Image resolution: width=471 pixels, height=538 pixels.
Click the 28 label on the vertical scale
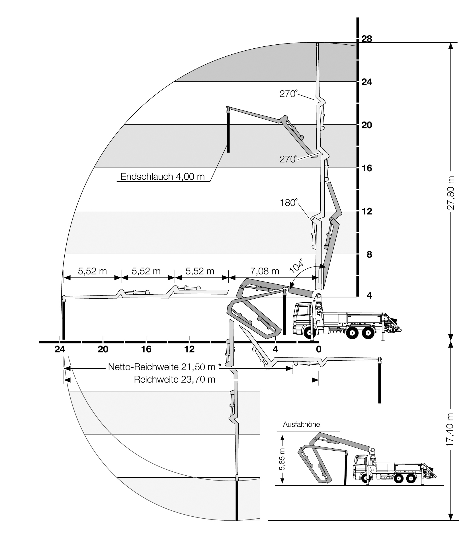tap(366, 39)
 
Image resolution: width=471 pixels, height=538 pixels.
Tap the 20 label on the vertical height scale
tap(366, 125)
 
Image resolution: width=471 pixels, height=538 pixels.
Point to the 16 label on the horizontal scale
tap(146, 349)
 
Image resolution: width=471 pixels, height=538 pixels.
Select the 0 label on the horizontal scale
tap(318, 349)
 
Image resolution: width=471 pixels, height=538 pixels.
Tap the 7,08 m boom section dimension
tap(265, 271)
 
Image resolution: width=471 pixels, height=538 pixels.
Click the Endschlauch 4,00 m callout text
tap(163, 176)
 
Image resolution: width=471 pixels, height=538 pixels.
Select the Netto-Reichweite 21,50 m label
tap(162, 367)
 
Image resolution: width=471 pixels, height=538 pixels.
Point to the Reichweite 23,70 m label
tap(175, 379)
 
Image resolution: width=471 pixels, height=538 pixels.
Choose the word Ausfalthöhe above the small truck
tap(301, 424)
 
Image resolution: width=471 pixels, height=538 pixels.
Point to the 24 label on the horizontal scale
tap(60, 349)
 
